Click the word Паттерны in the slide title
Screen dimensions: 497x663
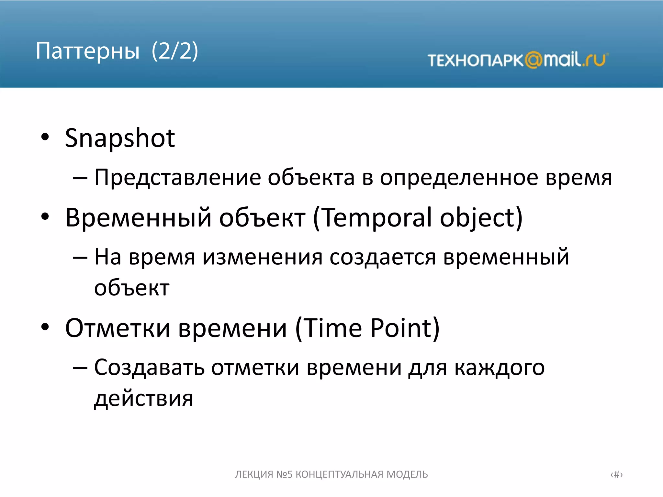click(87, 51)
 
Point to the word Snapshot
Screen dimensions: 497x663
click(120, 138)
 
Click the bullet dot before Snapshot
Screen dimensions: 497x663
click(45, 137)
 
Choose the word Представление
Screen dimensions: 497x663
click(177, 178)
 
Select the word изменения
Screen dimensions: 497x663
click(263, 258)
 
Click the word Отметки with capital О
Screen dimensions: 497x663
click(118, 328)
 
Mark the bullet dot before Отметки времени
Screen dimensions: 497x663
click(45, 327)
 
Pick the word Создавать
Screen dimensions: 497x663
click(149, 368)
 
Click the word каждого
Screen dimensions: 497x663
click(500, 368)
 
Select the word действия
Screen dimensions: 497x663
click(143, 399)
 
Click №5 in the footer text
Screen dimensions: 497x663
click(284, 474)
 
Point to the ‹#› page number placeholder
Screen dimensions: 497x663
click(616, 474)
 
